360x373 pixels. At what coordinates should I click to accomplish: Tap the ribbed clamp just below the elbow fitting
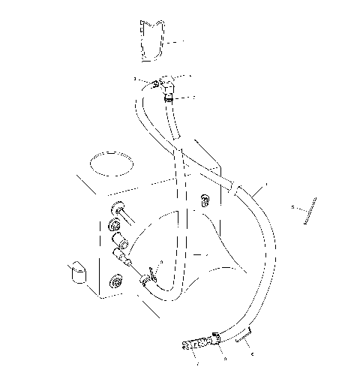coord(170,97)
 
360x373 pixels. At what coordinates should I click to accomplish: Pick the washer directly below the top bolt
coord(116,227)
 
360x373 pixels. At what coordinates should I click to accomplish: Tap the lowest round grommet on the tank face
coord(116,284)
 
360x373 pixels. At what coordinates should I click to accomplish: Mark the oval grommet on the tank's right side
coord(203,200)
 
